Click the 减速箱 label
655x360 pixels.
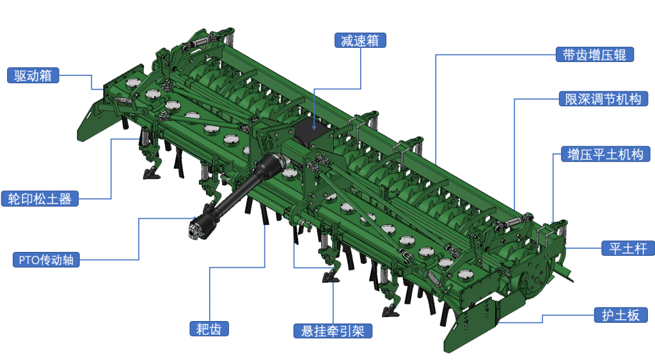360,40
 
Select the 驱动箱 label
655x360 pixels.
33,75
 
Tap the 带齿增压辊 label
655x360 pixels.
594,55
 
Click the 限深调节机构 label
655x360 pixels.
603,99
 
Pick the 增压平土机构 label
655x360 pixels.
605,154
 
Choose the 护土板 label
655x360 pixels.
620,315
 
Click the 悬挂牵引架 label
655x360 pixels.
333,331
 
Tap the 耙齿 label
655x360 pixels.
209,329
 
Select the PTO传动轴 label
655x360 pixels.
46,260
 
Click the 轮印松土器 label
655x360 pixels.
40,199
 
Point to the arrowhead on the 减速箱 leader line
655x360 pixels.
314,127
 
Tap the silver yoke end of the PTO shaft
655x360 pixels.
194,231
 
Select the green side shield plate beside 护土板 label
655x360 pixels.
468,324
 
